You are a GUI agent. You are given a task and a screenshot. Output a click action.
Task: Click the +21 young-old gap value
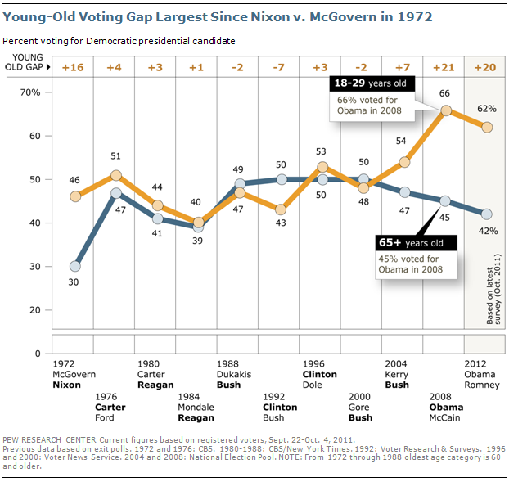(444, 67)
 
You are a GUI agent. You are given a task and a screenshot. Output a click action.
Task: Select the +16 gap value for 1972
(75, 67)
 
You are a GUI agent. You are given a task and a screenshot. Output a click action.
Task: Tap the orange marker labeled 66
(445, 110)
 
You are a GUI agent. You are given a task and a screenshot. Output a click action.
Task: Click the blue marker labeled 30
(75, 266)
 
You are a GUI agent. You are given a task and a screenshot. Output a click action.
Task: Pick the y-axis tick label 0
(37, 354)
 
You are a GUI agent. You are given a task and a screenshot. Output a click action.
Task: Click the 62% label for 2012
(488, 106)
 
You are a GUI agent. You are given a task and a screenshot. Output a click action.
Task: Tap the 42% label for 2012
(488, 231)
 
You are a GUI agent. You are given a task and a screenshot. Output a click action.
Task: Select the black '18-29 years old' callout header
(372, 83)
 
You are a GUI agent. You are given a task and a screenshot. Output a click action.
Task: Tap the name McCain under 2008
(446, 417)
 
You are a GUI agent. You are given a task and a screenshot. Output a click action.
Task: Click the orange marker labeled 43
(282, 209)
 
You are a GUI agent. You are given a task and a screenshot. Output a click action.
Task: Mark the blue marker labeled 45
(445, 201)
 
